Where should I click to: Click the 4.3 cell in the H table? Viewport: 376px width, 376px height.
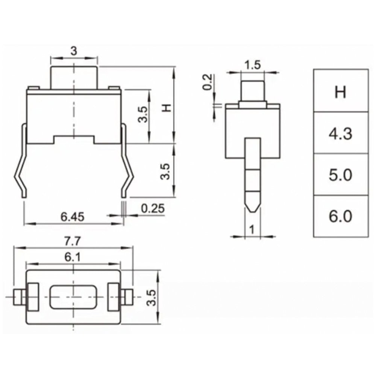(x=340, y=133)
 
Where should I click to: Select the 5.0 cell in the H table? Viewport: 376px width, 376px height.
(x=340, y=175)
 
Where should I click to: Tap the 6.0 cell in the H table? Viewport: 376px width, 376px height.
(x=340, y=217)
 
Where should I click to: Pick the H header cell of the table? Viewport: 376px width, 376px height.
(x=340, y=91)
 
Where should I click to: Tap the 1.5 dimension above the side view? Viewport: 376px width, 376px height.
(x=252, y=65)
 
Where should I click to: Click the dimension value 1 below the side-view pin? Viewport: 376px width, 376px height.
(x=252, y=229)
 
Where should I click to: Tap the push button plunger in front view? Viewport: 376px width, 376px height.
(x=74, y=77)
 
